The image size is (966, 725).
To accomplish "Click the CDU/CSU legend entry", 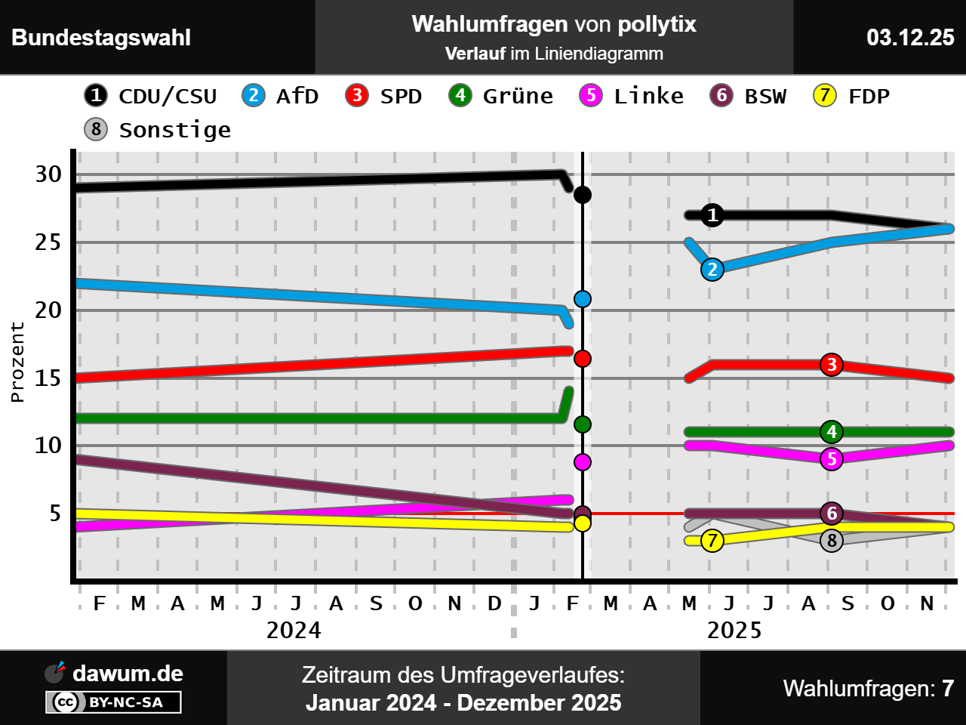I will click(151, 96).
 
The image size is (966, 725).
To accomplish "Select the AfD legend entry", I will click(281, 96).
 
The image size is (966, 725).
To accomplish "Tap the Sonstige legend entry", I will click(158, 130).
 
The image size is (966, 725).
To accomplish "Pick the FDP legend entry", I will click(852, 96).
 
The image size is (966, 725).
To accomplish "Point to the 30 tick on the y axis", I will click(48, 174).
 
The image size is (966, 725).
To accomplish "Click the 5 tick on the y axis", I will click(55, 514).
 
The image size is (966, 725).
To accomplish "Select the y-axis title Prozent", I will click(17, 362).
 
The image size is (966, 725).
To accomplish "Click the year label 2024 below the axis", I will click(294, 631).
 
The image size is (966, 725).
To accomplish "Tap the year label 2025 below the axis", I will click(734, 631).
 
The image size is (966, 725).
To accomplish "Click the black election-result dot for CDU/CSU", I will click(583, 195).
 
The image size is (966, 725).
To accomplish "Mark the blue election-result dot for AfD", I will click(583, 299).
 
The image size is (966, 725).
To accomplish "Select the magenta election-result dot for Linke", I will click(583, 462).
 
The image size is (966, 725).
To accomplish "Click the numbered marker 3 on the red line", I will click(832, 365).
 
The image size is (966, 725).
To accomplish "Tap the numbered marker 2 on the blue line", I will click(712, 270).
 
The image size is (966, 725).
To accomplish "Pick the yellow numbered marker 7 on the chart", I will click(712, 541).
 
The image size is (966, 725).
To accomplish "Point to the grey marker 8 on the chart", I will click(832, 541).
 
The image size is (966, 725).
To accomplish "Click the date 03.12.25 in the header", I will click(910, 38).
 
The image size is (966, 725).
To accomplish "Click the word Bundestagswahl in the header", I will click(101, 38).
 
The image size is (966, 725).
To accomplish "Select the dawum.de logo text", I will click(127, 674).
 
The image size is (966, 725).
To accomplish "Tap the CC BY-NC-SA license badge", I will click(114, 702).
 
